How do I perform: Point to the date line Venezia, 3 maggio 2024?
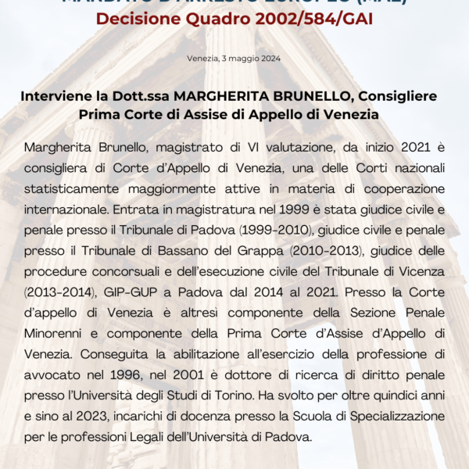(234, 59)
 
